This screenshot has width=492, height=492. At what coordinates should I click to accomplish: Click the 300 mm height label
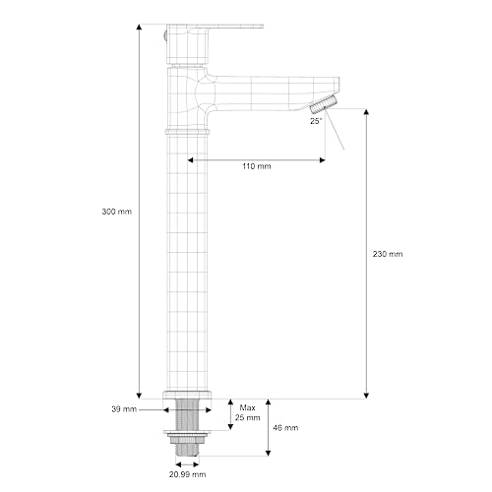116,212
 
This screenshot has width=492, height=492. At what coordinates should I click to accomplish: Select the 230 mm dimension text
389,254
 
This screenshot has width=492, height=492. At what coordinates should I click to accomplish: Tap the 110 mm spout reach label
257,166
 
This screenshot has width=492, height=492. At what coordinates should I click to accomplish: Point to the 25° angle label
316,121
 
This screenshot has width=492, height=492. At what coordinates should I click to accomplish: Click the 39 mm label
124,408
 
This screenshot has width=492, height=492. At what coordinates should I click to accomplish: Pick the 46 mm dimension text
285,428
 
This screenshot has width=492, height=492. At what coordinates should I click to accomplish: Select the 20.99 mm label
187,473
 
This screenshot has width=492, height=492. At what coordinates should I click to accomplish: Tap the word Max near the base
248,406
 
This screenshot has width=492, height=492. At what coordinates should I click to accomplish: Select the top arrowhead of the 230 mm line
366,111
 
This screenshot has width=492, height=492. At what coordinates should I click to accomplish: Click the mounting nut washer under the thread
188,433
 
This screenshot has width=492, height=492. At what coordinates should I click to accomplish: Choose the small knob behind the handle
163,36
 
